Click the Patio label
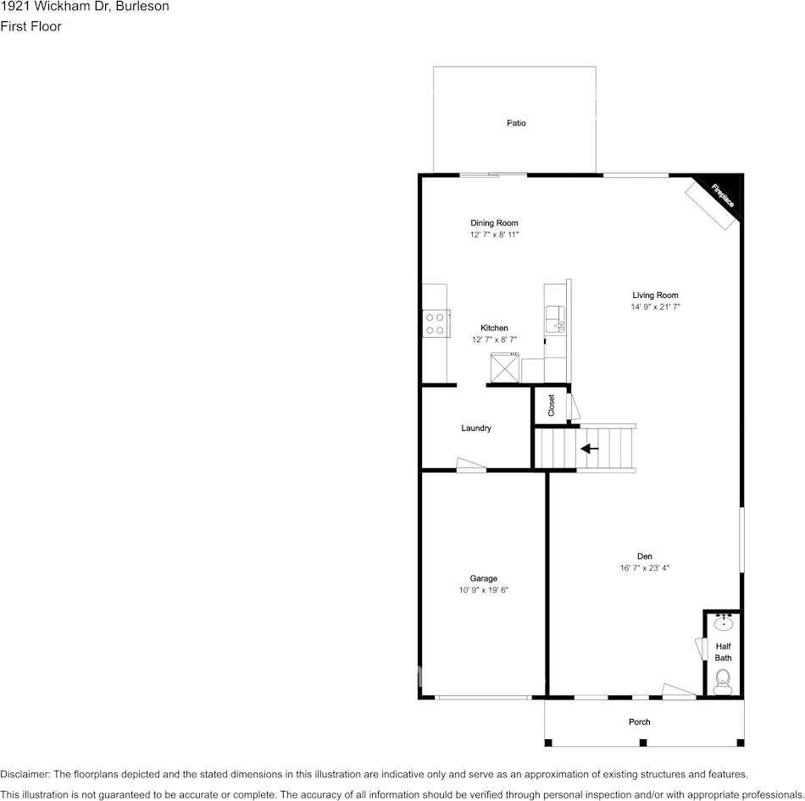click(x=516, y=124)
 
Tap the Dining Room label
click(x=494, y=224)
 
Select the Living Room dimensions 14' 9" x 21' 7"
click(x=655, y=307)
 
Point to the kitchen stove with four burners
click(x=435, y=323)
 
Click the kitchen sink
click(x=556, y=318)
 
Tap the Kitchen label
click(x=494, y=328)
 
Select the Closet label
click(x=551, y=405)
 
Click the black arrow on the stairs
click(x=589, y=449)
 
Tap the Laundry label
click(x=476, y=428)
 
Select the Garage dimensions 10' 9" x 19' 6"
click(x=484, y=590)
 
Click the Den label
click(x=645, y=556)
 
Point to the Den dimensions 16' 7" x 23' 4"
click(x=645, y=568)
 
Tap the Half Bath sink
click(x=723, y=624)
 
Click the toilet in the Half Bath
click(x=723, y=680)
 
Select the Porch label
click(x=640, y=722)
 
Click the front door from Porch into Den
click(x=679, y=693)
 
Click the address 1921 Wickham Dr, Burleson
click(x=85, y=7)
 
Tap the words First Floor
click(x=31, y=26)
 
